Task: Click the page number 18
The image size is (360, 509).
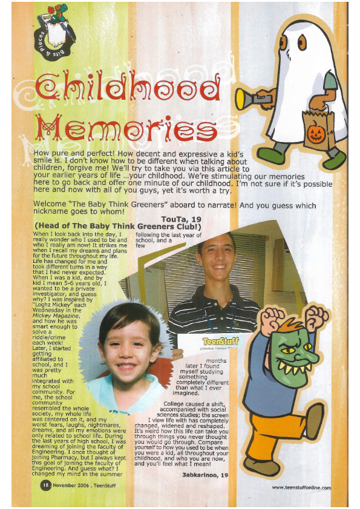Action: coord(44,485)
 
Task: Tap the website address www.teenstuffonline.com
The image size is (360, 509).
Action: coord(301,487)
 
